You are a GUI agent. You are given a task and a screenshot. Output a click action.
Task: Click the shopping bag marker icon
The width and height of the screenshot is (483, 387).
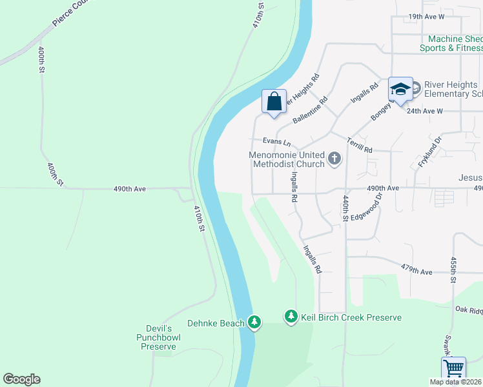click(x=274, y=102)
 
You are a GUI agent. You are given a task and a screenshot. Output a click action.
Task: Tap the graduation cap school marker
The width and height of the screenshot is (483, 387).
click(x=400, y=90)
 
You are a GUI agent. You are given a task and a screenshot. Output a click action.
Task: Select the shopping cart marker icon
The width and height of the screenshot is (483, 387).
click(x=453, y=370)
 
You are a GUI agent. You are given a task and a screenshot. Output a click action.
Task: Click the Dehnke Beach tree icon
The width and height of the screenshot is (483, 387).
click(x=255, y=322)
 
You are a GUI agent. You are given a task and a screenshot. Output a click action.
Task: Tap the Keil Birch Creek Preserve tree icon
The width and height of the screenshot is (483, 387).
click(x=291, y=316)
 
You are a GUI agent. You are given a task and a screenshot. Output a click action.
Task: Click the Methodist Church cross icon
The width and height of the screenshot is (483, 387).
click(x=334, y=158)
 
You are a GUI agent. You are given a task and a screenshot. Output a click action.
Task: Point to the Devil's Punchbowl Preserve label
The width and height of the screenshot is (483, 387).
click(x=159, y=337)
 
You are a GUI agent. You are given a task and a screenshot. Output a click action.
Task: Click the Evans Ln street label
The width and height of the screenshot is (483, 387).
click(x=277, y=141)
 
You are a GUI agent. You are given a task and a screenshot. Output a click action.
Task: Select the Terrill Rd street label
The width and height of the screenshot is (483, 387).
click(x=360, y=145)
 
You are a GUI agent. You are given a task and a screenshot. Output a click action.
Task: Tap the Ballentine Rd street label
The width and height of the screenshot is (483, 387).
click(x=310, y=110)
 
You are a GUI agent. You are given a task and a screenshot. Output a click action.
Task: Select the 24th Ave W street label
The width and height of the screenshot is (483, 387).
click(x=425, y=110)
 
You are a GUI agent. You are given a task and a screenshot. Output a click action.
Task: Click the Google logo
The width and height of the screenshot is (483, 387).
click(x=21, y=379)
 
